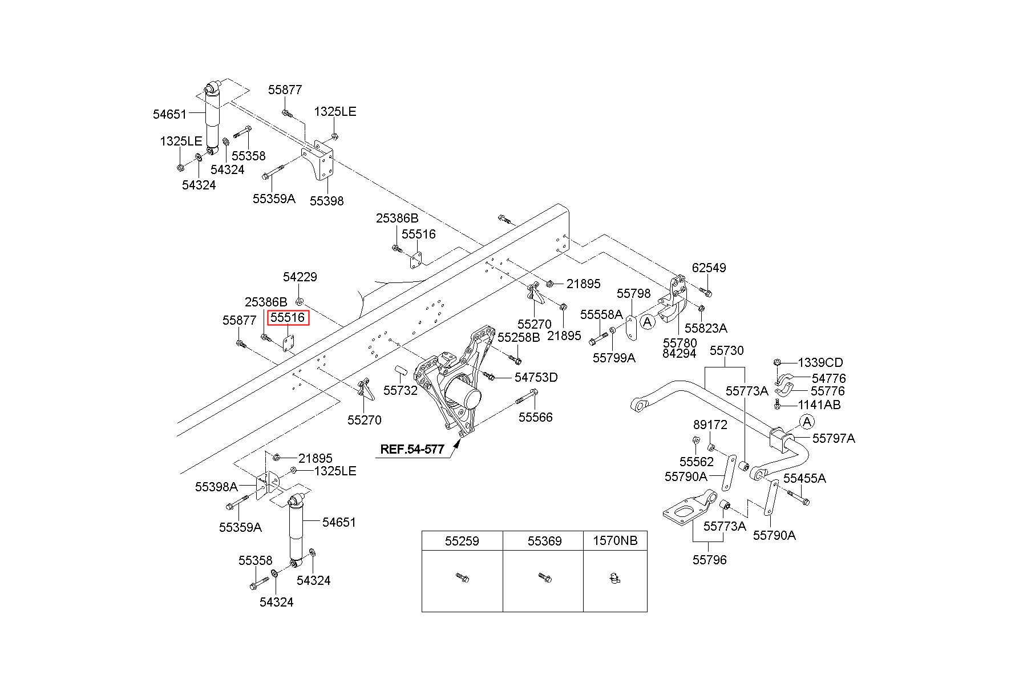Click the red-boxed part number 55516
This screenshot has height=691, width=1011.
click(289, 318)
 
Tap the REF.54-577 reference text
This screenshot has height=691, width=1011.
click(412, 449)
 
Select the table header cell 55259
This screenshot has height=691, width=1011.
click(462, 540)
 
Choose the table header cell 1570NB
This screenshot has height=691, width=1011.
click(615, 540)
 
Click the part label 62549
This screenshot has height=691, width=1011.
click(709, 268)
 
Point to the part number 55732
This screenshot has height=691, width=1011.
click(400, 390)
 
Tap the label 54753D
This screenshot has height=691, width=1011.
click(536, 377)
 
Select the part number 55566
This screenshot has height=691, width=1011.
click(535, 417)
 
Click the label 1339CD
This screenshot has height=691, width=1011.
click(820, 362)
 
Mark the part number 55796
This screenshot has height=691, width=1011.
click(710, 560)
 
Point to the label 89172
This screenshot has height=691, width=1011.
click(710, 425)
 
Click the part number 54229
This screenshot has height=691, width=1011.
click(300, 277)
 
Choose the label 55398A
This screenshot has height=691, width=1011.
click(216, 487)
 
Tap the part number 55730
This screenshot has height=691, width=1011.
click(726, 350)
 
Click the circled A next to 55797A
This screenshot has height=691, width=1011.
click(807, 422)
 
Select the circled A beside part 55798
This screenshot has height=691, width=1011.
click(647, 322)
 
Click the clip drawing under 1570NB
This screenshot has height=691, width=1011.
click(614, 579)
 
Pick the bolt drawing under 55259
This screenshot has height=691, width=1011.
click(462, 578)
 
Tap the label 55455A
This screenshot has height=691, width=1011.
click(804, 478)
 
